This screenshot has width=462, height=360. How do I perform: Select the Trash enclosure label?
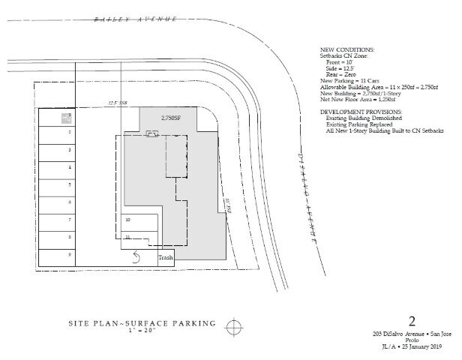click(x=165, y=259)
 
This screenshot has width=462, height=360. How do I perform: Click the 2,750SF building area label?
click(x=171, y=118)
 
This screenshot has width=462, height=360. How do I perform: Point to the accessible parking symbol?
click(x=67, y=118)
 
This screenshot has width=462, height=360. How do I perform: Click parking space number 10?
click(x=128, y=220)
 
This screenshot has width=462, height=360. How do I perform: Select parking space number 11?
click(x=128, y=238)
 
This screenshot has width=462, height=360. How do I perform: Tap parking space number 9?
click(x=69, y=254)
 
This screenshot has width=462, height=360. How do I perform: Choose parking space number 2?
click(x=69, y=132)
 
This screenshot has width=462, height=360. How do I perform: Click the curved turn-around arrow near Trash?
click(x=136, y=257)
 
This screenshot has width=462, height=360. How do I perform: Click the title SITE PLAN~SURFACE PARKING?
click(x=140, y=323)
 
